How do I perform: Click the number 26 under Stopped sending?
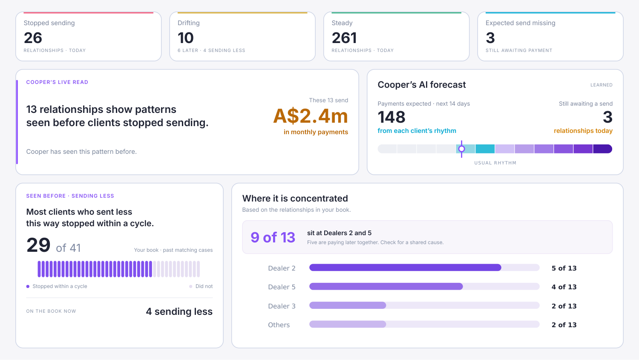click(33, 38)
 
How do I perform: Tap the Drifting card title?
click(189, 23)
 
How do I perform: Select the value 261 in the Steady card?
click(344, 38)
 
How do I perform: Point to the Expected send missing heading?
click(520, 23)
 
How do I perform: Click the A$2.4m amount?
click(311, 116)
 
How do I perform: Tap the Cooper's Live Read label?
click(57, 82)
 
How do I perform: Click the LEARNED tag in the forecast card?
click(602, 85)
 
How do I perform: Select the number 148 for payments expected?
click(391, 117)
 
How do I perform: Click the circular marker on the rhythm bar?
click(461, 149)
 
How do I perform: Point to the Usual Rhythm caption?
click(495, 163)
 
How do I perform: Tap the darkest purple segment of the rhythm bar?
click(602, 149)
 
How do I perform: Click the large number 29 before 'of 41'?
click(38, 245)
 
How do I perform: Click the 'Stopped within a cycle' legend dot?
click(28, 286)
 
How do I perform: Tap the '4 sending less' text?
click(179, 311)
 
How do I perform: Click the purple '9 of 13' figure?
click(273, 237)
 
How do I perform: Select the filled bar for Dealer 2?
click(405, 267)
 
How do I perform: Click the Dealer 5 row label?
click(282, 287)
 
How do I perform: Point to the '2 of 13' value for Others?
click(564, 325)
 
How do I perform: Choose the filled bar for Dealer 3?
click(348, 305)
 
